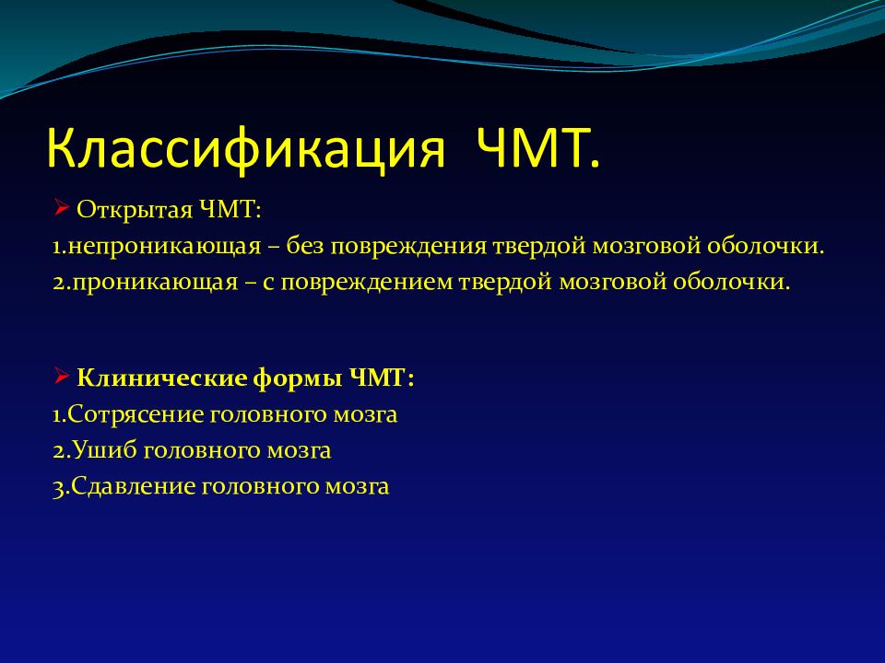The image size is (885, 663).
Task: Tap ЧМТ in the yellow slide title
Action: pyautogui.click(x=537, y=147)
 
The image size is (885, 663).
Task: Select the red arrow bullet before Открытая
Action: pyautogui.click(x=62, y=208)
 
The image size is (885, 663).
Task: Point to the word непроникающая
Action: pyautogui.click(x=164, y=247)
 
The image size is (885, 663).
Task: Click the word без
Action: pyautogui.click(x=305, y=246)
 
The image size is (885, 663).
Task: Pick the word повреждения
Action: pyautogui.click(x=408, y=247)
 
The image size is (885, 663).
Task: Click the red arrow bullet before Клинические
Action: pyautogui.click(x=62, y=376)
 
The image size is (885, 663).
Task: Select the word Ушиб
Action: pyautogui.click(x=104, y=450)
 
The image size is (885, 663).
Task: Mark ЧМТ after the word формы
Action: pyautogui.click(x=381, y=378)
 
